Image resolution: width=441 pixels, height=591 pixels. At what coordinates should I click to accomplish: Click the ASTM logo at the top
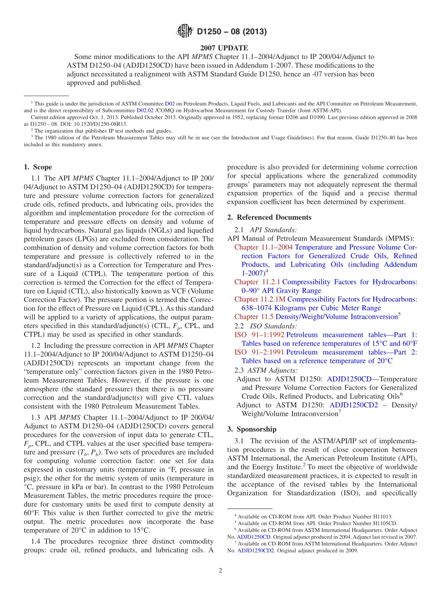click(x=185, y=32)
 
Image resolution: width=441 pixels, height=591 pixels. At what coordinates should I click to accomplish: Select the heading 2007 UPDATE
click(x=220, y=48)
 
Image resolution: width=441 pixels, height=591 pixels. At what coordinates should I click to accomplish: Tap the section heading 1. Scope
click(x=38, y=167)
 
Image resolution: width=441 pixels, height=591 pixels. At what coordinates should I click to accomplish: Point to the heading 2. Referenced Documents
click(x=269, y=217)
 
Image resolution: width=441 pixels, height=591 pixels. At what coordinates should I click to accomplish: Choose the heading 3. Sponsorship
click(x=252, y=429)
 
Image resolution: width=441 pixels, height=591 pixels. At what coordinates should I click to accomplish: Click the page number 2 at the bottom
click(x=220, y=571)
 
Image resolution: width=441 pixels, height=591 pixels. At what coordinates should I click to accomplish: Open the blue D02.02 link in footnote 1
click(x=145, y=111)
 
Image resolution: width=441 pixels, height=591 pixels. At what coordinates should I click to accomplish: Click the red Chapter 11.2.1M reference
click(x=260, y=299)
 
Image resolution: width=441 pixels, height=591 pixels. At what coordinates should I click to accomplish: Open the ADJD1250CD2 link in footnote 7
click(x=256, y=551)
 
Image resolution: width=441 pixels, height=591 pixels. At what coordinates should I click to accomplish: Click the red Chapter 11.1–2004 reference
click(x=263, y=247)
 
